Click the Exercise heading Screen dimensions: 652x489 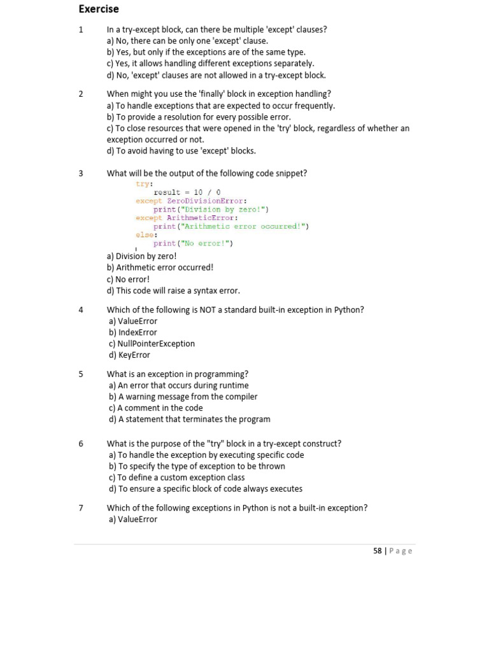[99, 9]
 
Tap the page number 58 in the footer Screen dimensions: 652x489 [378, 551]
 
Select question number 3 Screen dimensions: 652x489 [81, 173]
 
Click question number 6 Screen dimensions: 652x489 [81, 444]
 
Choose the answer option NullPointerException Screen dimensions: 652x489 [152, 344]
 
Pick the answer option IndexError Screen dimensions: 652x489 [132, 332]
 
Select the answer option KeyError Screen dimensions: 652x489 [129, 355]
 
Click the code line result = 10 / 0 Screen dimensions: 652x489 [187, 192]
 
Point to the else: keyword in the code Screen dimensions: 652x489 [146, 235]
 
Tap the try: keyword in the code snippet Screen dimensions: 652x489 [145, 184]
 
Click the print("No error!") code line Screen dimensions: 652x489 [193, 243]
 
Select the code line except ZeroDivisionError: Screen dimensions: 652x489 [191, 201]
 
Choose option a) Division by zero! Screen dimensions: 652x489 [142, 257]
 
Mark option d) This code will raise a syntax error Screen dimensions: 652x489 [173, 291]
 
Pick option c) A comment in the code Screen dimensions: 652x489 [155, 408]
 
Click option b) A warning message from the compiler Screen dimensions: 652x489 [183, 397]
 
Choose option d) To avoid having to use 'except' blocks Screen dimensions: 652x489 [181, 151]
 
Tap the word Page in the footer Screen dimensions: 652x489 [400, 551]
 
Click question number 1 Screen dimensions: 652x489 [81, 29]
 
